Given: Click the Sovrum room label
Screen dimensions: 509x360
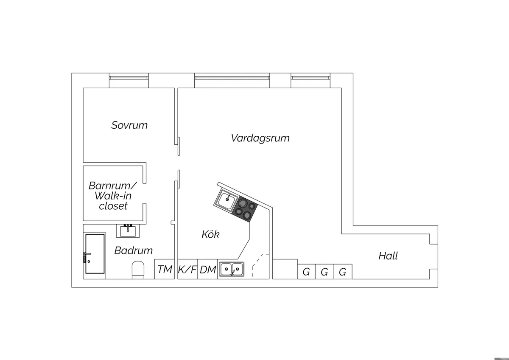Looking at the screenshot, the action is click(x=129, y=125).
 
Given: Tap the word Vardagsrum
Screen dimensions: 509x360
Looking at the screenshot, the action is click(x=260, y=138).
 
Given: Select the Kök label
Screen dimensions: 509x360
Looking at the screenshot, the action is click(x=210, y=234).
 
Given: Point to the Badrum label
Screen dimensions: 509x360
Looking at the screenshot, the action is click(x=133, y=250).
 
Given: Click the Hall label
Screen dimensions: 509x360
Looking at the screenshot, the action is click(x=388, y=256).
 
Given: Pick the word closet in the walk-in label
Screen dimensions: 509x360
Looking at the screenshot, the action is click(x=113, y=206).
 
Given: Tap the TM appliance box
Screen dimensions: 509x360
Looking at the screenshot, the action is click(x=165, y=269).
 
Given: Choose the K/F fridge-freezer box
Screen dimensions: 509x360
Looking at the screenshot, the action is click(x=187, y=269).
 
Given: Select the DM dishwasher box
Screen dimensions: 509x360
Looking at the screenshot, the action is click(x=208, y=269).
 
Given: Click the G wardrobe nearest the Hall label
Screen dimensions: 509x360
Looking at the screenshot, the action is click(x=343, y=272).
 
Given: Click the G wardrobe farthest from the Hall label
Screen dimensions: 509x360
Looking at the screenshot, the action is click(x=307, y=272).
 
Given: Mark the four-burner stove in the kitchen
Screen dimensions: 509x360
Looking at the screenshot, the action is click(x=245, y=210).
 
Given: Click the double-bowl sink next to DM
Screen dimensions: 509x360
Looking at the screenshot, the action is click(x=232, y=269).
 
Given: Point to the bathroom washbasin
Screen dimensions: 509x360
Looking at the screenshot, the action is click(x=128, y=231).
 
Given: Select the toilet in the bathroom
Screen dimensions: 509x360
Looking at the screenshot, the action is click(x=138, y=270).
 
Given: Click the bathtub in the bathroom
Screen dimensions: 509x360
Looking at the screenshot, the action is click(x=95, y=253).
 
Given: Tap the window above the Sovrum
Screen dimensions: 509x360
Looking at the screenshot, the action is click(x=129, y=80).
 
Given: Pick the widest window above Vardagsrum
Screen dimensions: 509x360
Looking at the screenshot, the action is click(x=232, y=80).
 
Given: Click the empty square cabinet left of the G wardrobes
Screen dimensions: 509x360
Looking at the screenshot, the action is click(x=285, y=269).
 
